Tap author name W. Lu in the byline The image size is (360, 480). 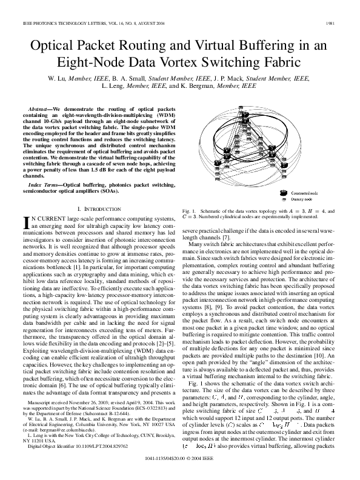click(58, 79)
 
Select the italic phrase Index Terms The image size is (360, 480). click(44, 184)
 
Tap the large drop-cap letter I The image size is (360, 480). click(25, 223)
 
